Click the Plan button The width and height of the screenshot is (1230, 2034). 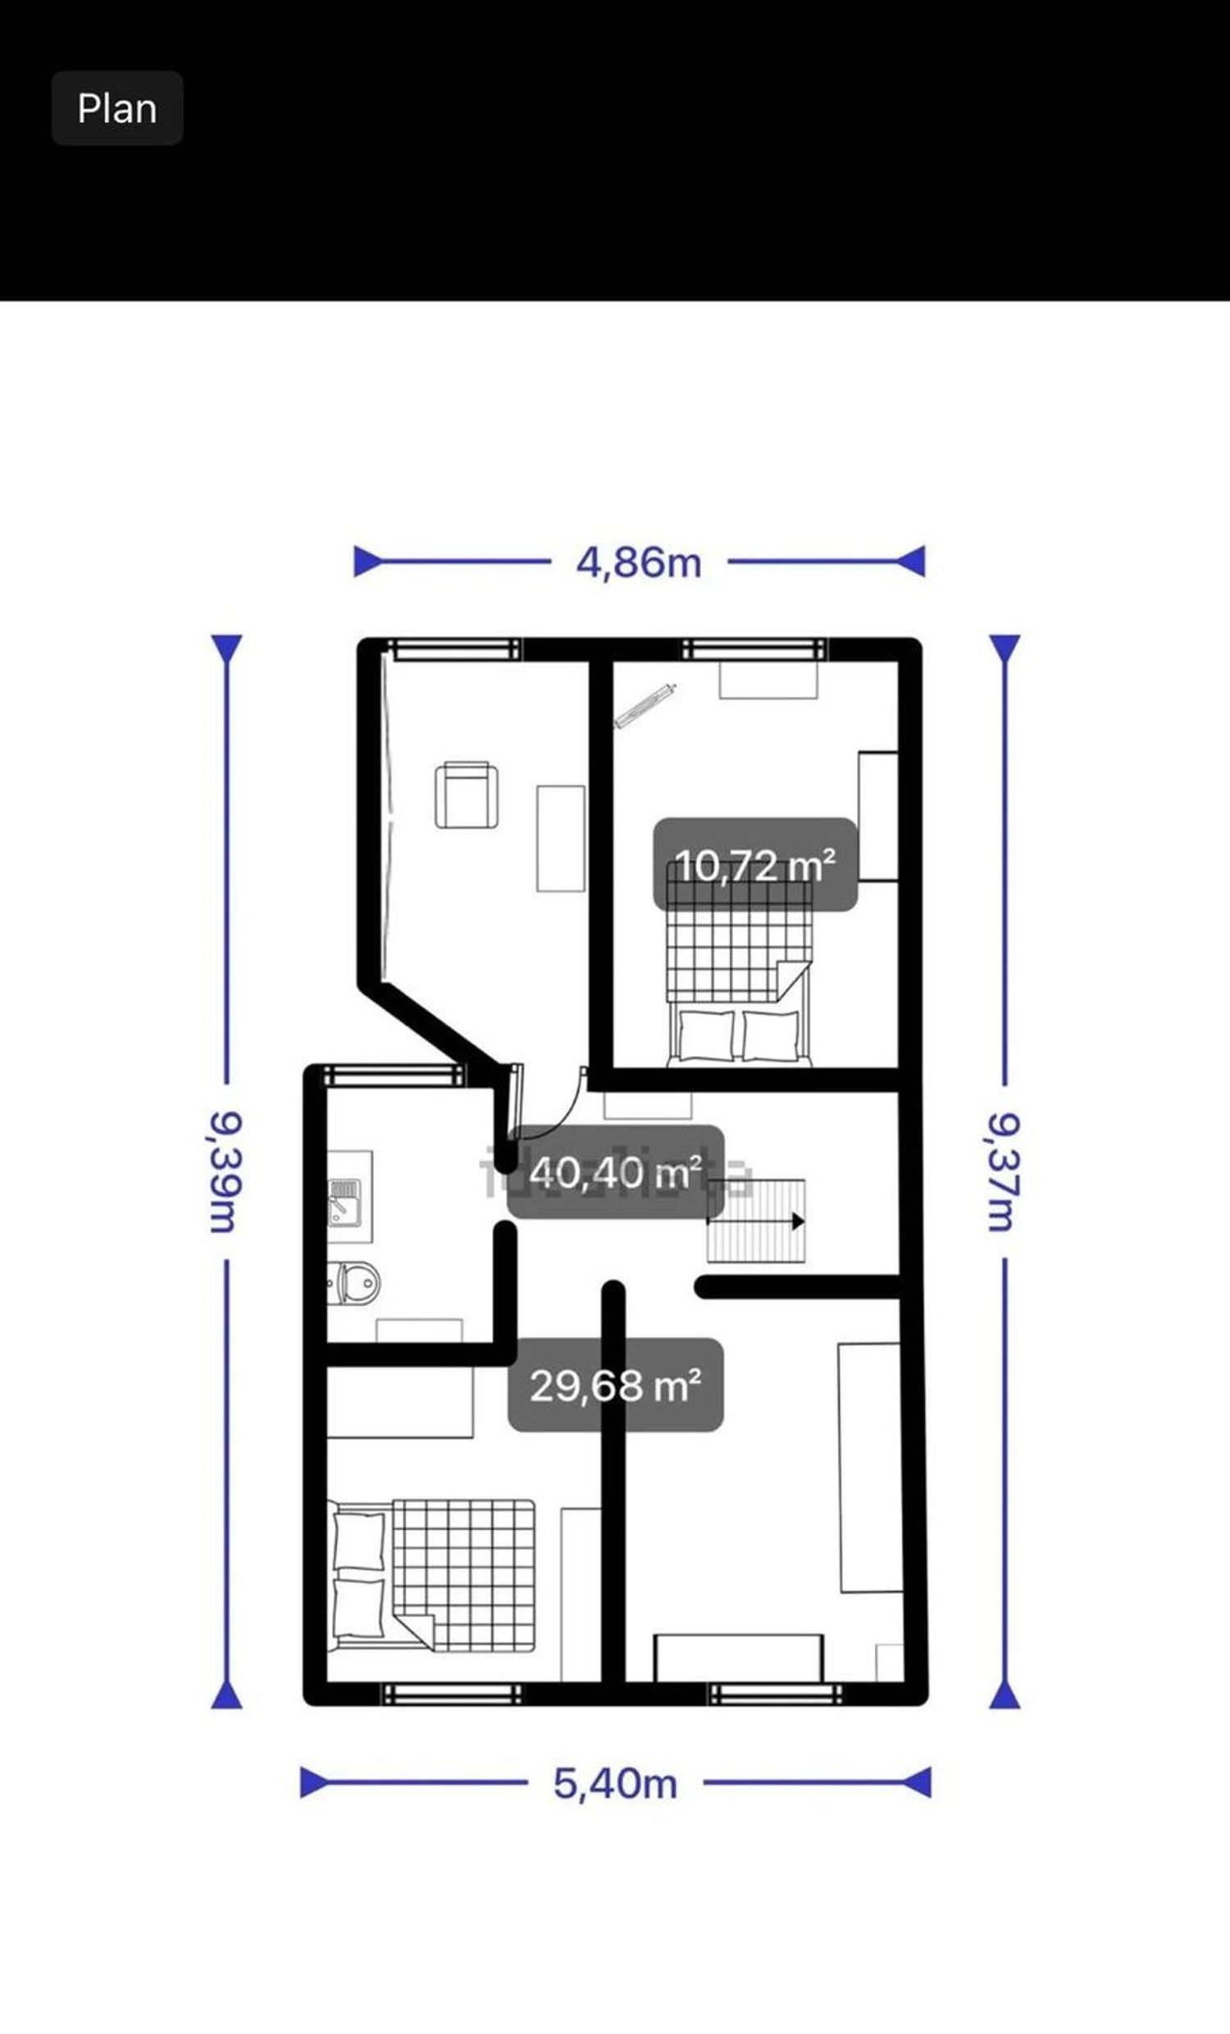tap(117, 108)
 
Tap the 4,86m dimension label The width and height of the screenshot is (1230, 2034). tap(639, 563)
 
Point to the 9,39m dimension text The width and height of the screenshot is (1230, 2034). tap(224, 1172)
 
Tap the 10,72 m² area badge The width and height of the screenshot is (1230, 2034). tap(755, 865)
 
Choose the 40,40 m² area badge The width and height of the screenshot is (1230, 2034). tap(616, 1172)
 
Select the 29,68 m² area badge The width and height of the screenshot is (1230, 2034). tap(616, 1386)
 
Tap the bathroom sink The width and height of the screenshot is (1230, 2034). tap(345, 1203)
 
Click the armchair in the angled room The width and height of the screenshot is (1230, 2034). tap(467, 796)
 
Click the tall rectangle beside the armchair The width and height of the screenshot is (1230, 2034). tap(561, 838)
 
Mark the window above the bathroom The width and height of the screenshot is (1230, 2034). tap(394, 1076)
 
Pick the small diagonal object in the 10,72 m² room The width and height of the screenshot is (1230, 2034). tap(645, 706)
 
